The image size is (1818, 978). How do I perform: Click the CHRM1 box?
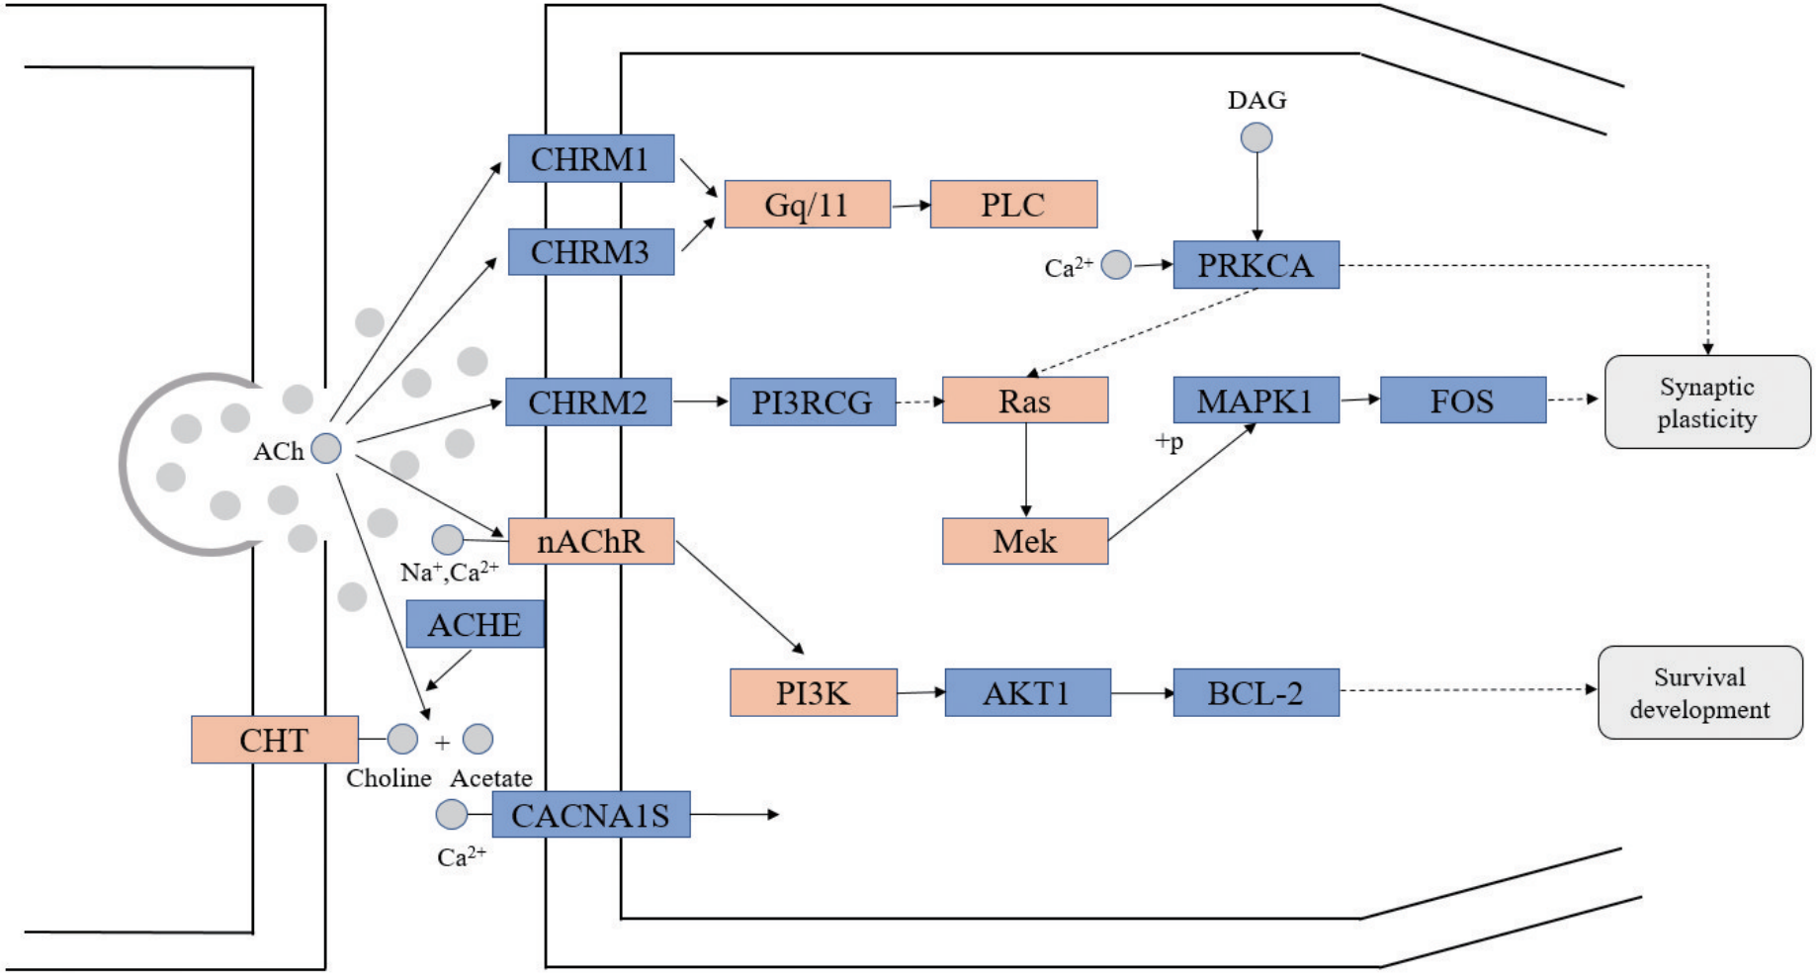[590, 159]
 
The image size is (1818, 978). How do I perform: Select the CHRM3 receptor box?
[590, 252]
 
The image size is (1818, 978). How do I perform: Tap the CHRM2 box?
[588, 402]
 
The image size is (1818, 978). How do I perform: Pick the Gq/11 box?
[807, 205]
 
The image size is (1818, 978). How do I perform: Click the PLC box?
[1013, 205]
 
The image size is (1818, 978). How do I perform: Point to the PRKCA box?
[1255, 265]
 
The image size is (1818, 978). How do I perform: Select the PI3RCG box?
[812, 402]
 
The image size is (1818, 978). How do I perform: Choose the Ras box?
[1024, 400]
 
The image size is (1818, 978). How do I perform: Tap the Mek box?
[1024, 541]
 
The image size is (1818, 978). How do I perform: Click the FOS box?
[1462, 400]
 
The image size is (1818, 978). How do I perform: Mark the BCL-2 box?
[1255, 692]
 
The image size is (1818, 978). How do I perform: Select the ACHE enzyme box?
[475, 624]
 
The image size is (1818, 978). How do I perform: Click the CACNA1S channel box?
[590, 815]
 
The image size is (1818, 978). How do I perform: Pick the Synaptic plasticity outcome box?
[1707, 402]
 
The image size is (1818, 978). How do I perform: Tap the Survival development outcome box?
[1699, 692]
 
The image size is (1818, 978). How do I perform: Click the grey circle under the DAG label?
[1256, 137]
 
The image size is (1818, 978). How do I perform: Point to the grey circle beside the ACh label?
[326, 449]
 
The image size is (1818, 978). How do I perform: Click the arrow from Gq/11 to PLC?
[910, 206]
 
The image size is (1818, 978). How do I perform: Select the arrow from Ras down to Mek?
[1026, 470]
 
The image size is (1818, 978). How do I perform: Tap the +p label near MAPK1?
[1169, 442]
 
